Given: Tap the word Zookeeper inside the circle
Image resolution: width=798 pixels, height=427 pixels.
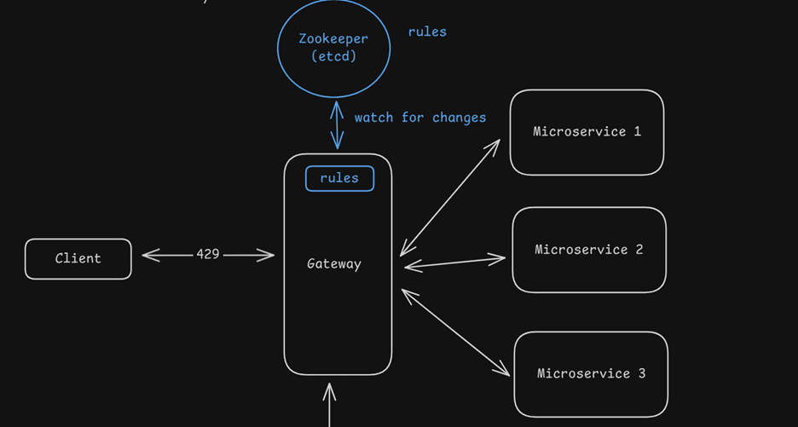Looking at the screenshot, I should click(x=333, y=38).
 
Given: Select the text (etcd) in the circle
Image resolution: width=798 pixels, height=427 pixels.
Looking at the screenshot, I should click(x=333, y=57).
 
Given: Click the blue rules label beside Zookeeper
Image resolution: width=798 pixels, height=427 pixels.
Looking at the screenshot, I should click(x=427, y=32).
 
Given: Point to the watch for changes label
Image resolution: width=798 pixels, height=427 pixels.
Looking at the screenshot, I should click(x=420, y=118).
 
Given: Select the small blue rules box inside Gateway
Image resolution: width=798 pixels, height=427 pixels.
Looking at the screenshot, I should click(x=339, y=178).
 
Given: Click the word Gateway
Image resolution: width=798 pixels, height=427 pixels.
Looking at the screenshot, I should click(x=334, y=264).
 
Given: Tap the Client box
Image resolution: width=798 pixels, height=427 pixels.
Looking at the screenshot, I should click(x=78, y=258).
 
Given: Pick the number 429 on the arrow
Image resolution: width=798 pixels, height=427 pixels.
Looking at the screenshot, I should click(x=208, y=254).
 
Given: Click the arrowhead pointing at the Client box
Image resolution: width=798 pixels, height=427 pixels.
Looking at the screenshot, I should click(x=147, y=254).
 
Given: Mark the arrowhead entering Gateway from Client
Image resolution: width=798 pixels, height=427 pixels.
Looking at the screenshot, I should click(x=269, y=254).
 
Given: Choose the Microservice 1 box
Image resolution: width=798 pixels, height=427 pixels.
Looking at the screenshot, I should click(x=587, y=132).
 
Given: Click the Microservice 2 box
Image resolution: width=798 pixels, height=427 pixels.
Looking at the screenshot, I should click(x=588, y=250).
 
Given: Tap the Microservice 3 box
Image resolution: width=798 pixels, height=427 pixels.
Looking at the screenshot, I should click(x=591, y=373).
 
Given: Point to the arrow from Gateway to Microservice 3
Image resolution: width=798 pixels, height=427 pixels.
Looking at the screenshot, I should click(x=455, y=332).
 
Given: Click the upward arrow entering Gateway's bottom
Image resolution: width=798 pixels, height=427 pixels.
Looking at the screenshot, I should click(x=329, y=405).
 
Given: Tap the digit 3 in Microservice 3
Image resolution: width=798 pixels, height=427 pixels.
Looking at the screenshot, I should click(x=641, y=373).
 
